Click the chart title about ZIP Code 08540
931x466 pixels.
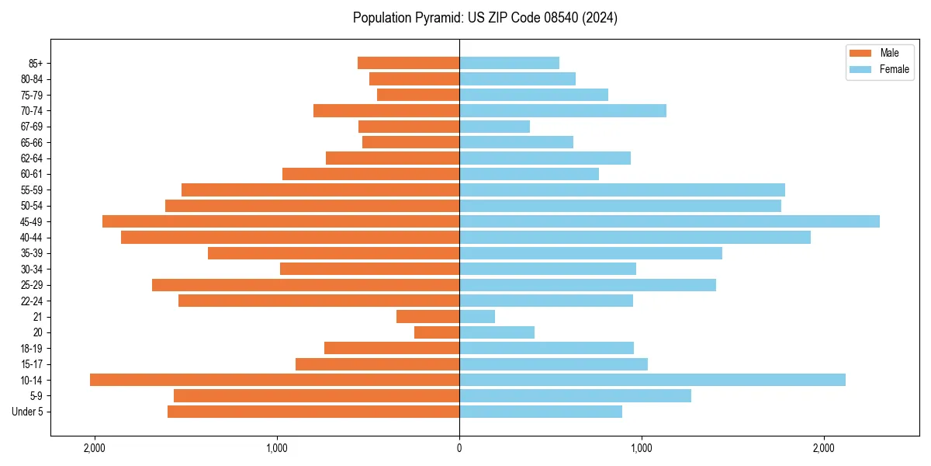coord(485,18)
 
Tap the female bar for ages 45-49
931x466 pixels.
coord(669,221)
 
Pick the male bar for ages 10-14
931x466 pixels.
coord(275,380)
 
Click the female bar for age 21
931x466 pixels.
coord(477,316)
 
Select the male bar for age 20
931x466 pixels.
coord(437,332)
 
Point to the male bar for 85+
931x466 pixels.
coord(408,63)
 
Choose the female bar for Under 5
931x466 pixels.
coord(541,412)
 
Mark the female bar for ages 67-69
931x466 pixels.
coord(494,127)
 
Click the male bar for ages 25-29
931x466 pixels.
coord(306,285)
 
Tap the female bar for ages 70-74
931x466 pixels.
coord(562,110)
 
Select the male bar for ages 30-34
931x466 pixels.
coord(369,269)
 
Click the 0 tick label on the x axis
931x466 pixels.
coord(459,447)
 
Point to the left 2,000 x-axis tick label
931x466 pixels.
coord(95,447)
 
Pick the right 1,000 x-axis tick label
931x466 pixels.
coord(641,447)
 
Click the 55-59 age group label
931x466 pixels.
coord(30,190)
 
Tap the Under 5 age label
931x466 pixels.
coord(27,412)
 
